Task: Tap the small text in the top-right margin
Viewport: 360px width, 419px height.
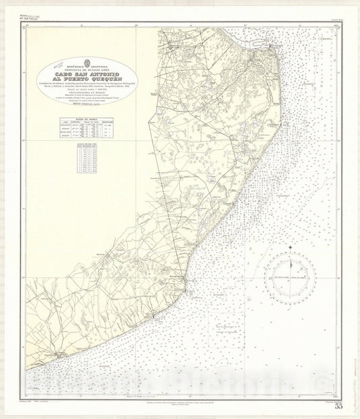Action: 326,22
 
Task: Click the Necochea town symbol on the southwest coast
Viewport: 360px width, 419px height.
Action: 59,354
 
